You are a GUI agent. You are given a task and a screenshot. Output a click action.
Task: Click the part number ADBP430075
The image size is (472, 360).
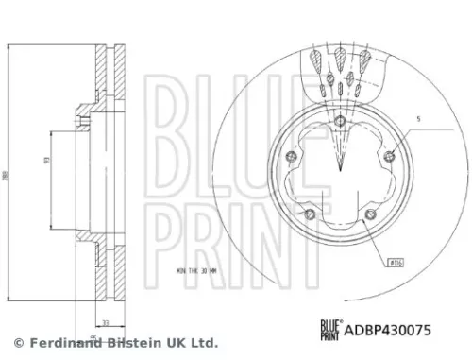tap(392, 332)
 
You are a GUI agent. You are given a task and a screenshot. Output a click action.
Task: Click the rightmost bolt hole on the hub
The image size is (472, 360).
tap(390, 157)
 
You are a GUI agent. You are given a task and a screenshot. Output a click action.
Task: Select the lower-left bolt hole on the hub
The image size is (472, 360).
tap(307, 214)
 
